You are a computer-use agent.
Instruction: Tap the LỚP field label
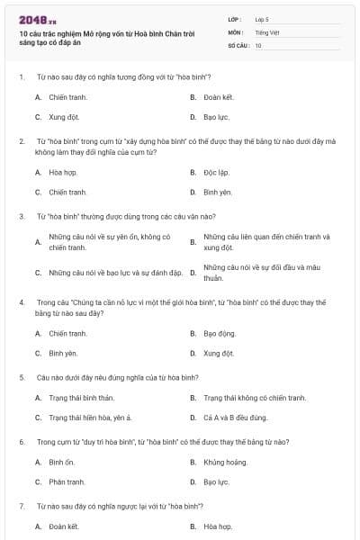(x=235, y=18)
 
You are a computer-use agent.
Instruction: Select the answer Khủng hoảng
(x=225, y=462)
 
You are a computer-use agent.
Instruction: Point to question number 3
(x=21, y=216)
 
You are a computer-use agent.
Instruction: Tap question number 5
(x=21, y=377)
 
